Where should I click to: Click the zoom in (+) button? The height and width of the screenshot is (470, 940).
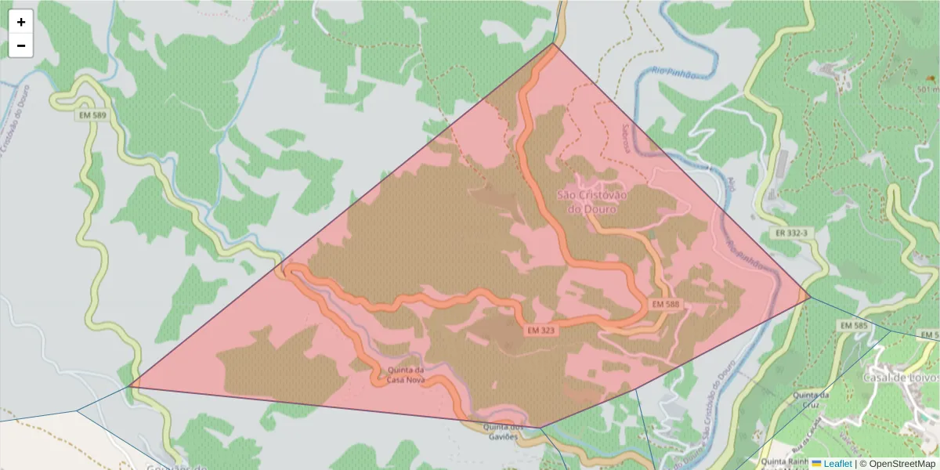21,22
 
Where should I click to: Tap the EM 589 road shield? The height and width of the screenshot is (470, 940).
92,115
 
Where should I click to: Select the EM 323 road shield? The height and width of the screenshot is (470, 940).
541,331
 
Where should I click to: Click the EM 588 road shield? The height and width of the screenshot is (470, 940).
665,303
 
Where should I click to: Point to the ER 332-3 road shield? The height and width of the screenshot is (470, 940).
791,233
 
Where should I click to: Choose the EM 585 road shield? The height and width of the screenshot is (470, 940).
853,324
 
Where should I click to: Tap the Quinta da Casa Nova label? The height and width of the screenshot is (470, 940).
406,374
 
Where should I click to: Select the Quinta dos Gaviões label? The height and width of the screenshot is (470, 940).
502,432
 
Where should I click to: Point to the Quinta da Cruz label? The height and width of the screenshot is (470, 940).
811,400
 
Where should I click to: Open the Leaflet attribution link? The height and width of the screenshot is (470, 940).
837,464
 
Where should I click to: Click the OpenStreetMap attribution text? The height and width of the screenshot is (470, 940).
897,464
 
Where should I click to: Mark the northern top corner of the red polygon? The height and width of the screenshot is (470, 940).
555,44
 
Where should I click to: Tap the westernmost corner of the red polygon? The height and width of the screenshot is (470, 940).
129,386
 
